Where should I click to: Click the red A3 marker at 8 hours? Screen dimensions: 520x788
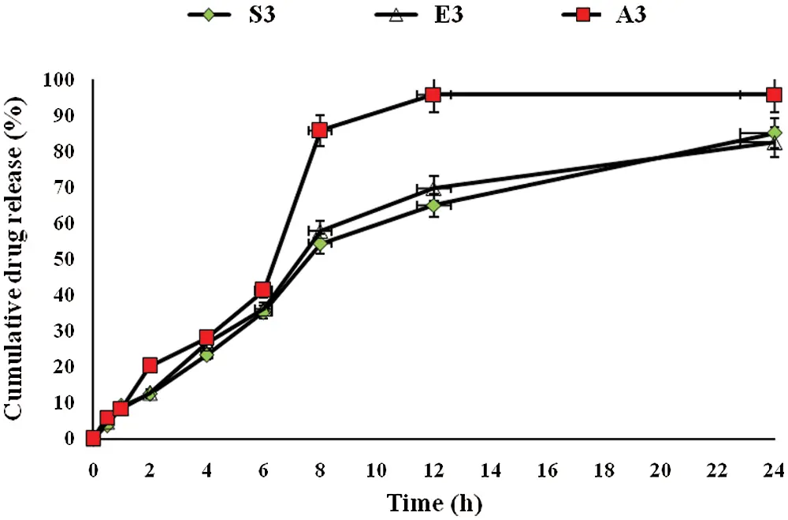[320, 130]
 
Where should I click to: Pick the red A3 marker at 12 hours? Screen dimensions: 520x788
[433, 95]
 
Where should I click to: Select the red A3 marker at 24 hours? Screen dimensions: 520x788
[774, 95]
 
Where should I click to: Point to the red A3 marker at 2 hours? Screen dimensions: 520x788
[150, 365]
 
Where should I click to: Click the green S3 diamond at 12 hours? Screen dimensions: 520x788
[433, 205]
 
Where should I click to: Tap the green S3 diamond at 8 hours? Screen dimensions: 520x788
[320, 244]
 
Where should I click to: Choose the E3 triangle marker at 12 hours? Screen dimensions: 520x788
[433, 189]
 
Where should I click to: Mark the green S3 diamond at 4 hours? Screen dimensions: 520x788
[206, 355]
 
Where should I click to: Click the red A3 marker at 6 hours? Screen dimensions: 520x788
[263, 290]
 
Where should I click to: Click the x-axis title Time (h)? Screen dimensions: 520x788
[433, 502]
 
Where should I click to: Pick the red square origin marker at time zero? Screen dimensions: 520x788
[93, 438]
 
